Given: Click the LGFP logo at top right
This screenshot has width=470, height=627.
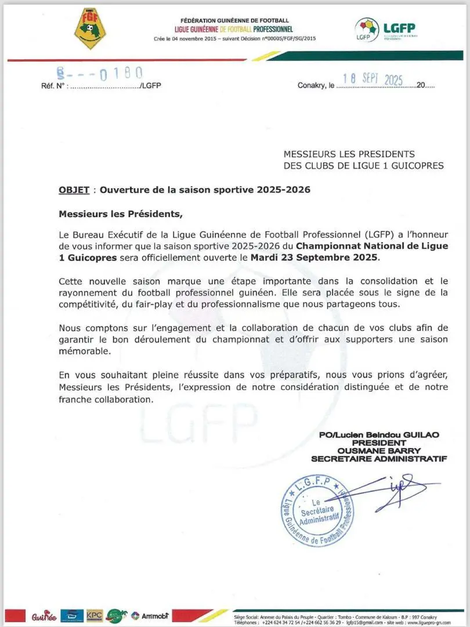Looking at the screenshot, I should click(385, 30).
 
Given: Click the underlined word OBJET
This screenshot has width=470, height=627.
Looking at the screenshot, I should click(74, 190).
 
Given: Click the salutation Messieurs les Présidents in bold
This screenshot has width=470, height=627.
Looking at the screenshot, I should click(120, 214).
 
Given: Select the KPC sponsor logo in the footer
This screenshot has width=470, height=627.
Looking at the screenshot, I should click(94, 615).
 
